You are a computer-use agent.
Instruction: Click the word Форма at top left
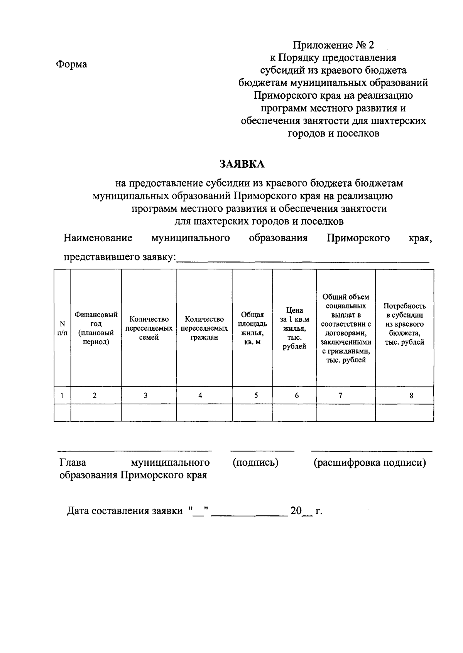72,64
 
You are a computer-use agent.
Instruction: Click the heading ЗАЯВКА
242,164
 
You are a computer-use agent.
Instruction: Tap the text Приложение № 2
333,45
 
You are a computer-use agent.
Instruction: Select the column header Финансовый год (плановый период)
96,328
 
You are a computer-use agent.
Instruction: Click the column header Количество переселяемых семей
149,328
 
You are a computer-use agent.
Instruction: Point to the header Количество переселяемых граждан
204,328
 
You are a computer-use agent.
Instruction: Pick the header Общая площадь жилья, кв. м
252,328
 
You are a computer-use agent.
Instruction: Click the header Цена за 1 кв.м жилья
294,328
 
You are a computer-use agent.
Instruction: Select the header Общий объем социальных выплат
346,328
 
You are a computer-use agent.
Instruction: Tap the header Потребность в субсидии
404,324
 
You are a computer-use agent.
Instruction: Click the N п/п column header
62,328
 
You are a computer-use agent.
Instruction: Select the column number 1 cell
62,395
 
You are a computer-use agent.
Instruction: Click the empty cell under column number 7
346,412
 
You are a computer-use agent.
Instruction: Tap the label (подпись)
255,462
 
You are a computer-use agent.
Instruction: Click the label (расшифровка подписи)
370,462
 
